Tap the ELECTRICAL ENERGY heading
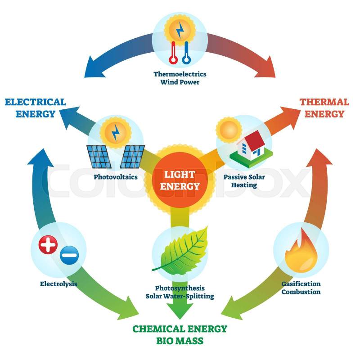35,108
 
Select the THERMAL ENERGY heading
324,108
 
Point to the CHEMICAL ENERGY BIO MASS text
180,334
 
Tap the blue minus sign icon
69,257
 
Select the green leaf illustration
180,250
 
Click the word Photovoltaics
116,177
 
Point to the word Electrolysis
58,284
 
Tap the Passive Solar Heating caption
244,181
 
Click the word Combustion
301,292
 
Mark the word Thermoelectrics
180,74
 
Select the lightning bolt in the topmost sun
180,30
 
